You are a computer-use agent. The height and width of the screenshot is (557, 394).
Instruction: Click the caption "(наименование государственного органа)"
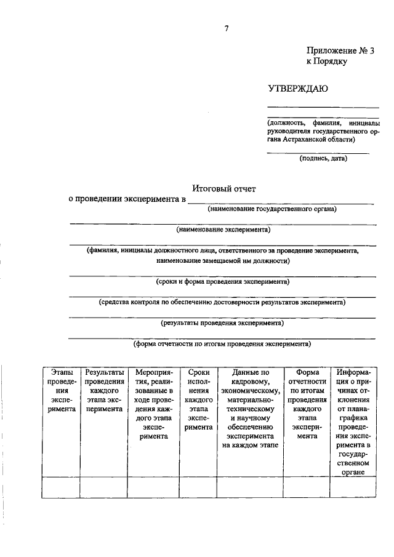[271, 209]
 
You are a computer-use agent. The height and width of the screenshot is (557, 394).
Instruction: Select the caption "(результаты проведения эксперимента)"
[222, 323]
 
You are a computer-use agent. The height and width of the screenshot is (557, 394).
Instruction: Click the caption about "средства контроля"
[222, 302]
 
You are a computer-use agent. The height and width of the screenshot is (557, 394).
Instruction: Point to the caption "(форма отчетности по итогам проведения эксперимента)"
[222, 344]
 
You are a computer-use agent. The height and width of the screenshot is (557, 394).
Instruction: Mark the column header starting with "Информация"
[352, 422]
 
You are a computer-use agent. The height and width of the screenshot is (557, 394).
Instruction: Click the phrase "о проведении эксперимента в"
[127, 199]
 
